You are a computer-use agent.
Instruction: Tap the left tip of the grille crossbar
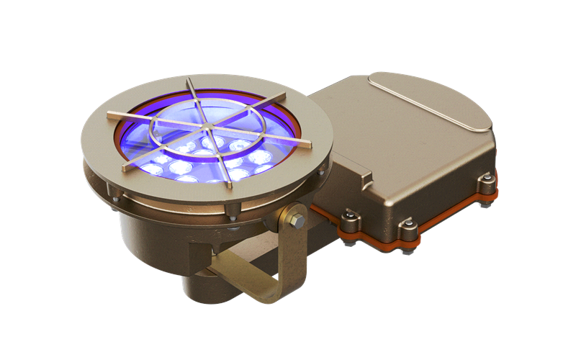pyautogui.click(x=110, y=114)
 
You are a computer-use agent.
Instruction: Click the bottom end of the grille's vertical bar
pyautogui.click(x=229, y=186)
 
